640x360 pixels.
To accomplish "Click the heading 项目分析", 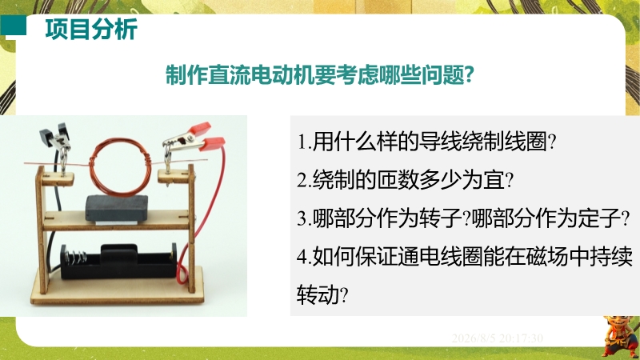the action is [x=91, y=30].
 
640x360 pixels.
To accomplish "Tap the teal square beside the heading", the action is [x=13, y=26].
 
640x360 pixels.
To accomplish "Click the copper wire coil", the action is [x=120, y=166].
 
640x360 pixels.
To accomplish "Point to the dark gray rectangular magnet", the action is [x=117, y=208].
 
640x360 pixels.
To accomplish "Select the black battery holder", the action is [x=118, y=262].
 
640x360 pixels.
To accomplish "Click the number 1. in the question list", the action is [x=305, y=142].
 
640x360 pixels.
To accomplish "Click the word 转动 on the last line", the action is [x=318, y=294].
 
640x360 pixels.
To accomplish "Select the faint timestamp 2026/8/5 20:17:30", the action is [x=497, y=338].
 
